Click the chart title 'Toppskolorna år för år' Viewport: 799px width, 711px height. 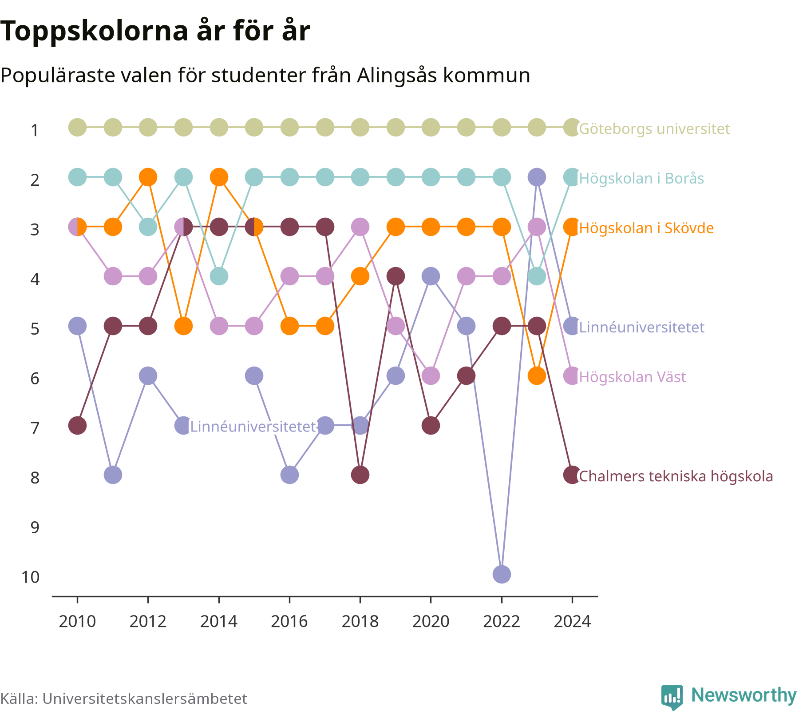coord(155,31)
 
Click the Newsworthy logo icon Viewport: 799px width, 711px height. coord(672,697)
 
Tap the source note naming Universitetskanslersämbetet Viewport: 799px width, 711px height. coord(124,699)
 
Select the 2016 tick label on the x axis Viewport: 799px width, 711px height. coord(289,621)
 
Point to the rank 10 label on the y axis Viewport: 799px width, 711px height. coord(31,577)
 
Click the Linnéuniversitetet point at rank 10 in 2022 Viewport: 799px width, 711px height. coord(502,574)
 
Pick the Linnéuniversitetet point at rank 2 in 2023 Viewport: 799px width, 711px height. coord(537,177)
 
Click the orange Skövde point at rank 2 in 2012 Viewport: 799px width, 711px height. coord(148,177)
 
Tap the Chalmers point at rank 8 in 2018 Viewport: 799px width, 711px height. coord(360,475)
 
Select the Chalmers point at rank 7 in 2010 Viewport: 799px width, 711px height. coord(77,425)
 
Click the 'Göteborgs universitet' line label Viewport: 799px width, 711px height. coord(654,129)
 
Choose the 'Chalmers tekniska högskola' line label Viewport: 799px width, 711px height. coord(676,476)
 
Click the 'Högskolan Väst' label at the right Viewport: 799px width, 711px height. coord(633,377)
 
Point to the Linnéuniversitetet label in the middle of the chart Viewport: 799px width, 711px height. coord(253,427)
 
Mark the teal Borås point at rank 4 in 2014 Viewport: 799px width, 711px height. coord(219,276)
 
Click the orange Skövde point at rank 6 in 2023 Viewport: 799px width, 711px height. coord(537,376)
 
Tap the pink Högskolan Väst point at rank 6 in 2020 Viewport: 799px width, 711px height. coord(431,376)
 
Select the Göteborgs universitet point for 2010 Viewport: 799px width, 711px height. coord(77,128)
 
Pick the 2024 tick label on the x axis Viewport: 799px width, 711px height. coord(572,621)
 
